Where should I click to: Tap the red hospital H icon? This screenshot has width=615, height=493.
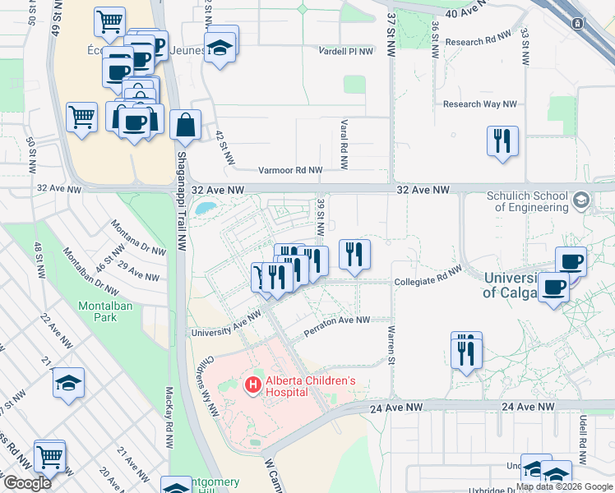253,384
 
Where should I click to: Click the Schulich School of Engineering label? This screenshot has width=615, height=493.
527,201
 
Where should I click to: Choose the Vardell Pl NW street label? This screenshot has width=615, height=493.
346,51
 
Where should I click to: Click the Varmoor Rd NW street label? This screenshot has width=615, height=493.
290,170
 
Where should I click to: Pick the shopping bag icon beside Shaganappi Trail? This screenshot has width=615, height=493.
186,126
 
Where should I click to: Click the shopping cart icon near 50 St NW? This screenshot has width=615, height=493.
81,117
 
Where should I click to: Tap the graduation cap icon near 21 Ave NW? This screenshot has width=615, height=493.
69,383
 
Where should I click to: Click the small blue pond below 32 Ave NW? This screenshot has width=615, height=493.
207,208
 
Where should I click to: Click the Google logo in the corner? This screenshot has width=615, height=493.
27,483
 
